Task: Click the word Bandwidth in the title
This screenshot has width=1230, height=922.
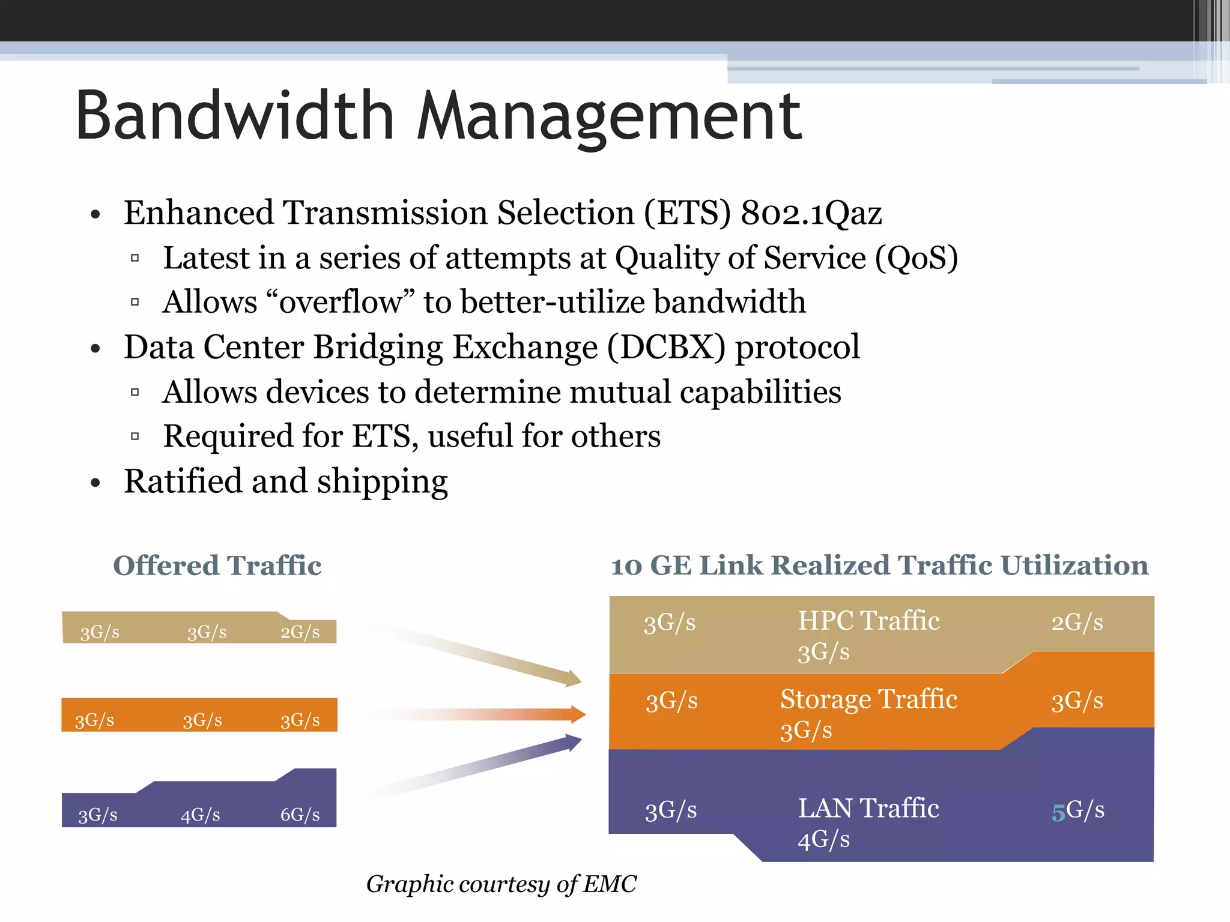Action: click(x=234, y=115)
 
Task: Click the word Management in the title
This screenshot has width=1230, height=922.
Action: click(x=609, y=117)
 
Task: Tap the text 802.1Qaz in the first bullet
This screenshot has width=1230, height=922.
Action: click(x=811, y=214)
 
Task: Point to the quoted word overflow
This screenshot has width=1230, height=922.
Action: click(x=340, y=302)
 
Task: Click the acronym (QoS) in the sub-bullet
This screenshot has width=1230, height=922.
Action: click(x=916, y=259)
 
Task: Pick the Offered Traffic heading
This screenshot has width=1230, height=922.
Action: click(x=217, y=565)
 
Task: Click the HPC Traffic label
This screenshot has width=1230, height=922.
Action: click(x=868, y=621)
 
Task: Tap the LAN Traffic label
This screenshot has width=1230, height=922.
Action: click(x=868, y=809)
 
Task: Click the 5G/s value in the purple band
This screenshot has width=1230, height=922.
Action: click(x=1077, y=811)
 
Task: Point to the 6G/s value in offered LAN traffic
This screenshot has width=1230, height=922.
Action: click(x=300, y=815)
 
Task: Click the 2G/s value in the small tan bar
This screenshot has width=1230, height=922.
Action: click(x=300, y=632)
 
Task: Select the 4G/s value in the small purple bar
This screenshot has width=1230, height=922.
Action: click(x=201, y=815)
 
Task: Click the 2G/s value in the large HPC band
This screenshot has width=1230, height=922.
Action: click(x=1077, y=622)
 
